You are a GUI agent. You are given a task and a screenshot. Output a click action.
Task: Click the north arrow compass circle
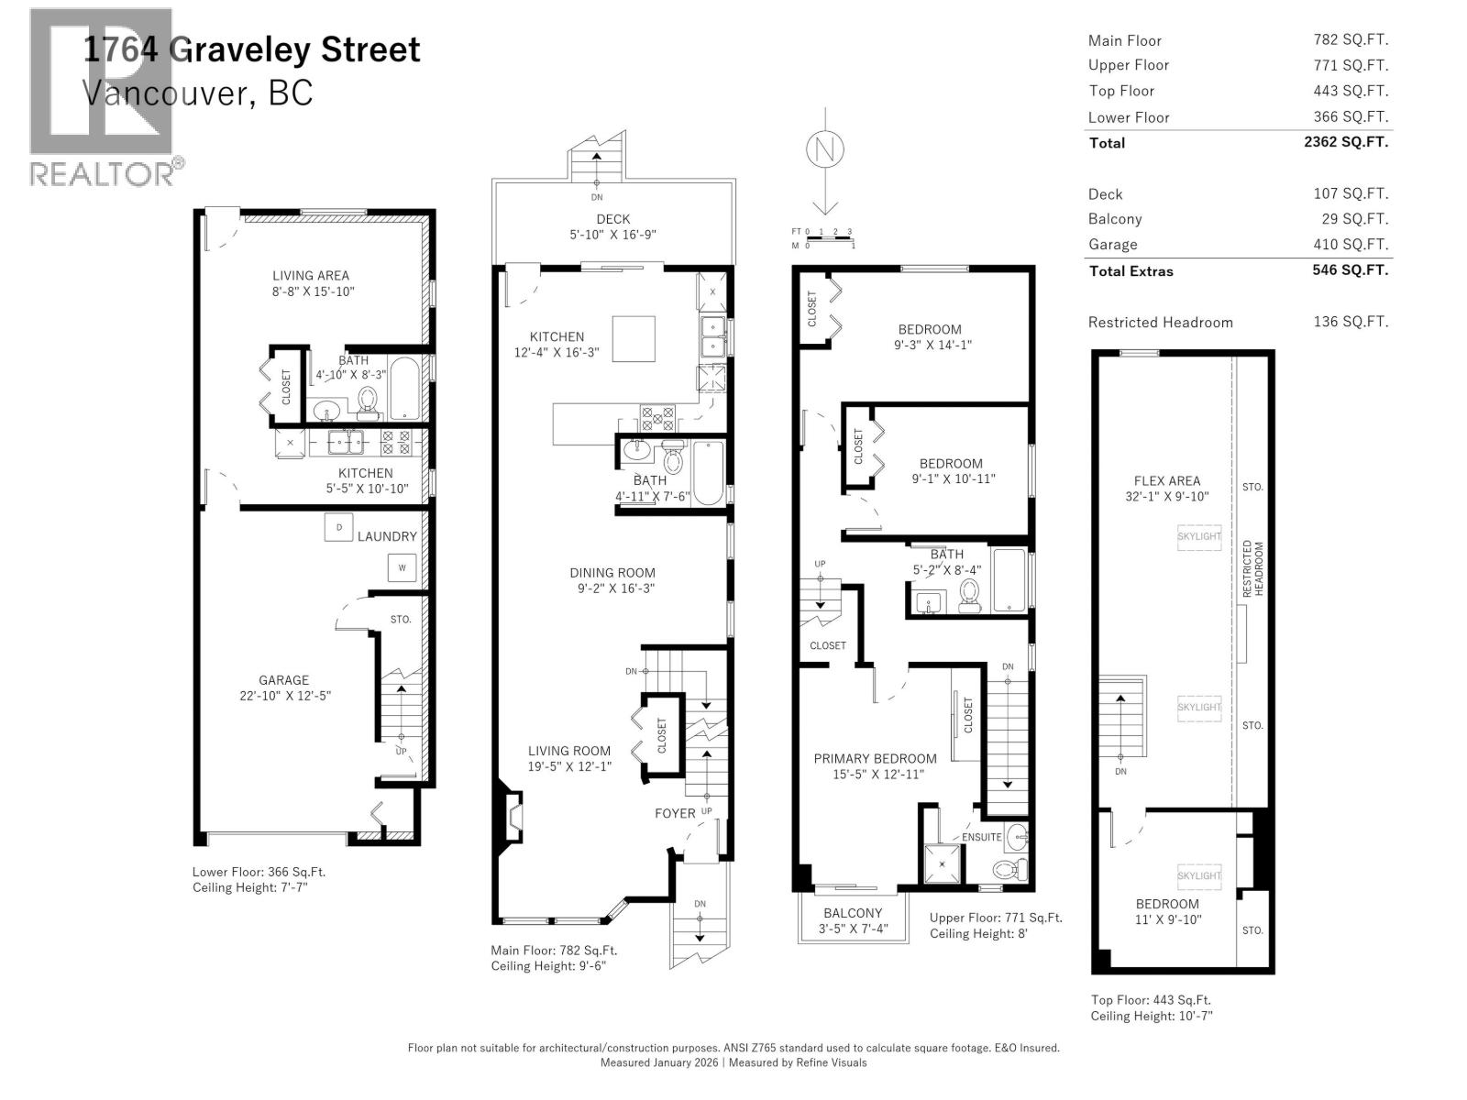point(825,150)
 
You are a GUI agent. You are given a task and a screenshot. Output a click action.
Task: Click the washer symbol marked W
point(402,568)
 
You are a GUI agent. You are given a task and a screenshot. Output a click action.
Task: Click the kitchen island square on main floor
point(634,338)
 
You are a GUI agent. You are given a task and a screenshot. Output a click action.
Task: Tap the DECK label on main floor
point(612,219)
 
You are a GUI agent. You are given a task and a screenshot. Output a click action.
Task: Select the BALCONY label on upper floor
point(853,913)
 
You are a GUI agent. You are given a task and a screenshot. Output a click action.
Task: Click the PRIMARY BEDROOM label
point(876,759)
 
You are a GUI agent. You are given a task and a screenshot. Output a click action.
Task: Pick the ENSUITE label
point(981,837)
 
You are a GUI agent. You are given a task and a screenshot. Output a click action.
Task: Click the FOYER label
point(675,814)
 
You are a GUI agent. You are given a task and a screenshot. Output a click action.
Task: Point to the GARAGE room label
point(283,680)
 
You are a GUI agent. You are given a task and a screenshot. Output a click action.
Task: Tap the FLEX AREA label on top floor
point(1166,480)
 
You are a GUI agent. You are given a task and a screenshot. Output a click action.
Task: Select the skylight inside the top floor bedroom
point(1198,875)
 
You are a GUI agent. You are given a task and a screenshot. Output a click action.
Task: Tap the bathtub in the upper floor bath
point(1009,579)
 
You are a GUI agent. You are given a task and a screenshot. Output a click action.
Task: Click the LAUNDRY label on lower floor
point(387,536)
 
